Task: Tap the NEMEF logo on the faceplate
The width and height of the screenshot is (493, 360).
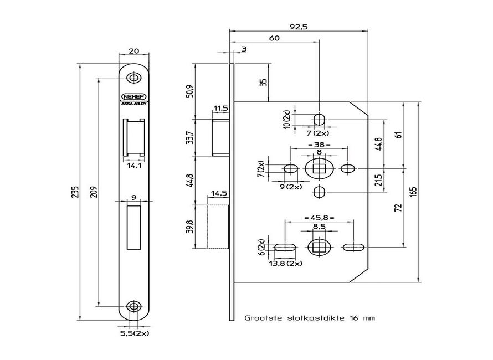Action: (133, 95)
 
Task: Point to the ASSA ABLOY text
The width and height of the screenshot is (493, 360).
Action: (133, 103)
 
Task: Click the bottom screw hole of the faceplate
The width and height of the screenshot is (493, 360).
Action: (133, 306)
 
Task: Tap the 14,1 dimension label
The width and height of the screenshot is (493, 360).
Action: (133, 164)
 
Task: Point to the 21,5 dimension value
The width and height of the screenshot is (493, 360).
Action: (379, 179)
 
